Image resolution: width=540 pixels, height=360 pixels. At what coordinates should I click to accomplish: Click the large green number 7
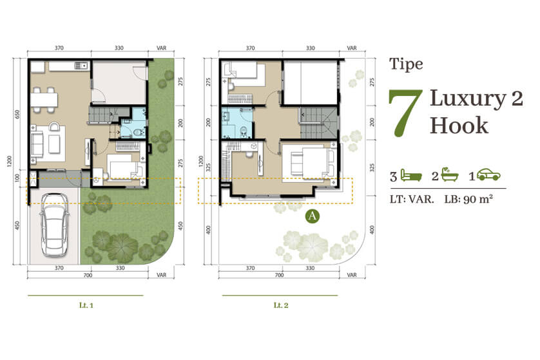405,113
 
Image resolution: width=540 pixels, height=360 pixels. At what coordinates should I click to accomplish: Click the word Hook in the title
459,126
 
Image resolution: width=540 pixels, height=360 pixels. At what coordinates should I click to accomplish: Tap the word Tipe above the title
406,64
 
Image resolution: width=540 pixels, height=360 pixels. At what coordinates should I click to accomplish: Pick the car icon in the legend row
488,175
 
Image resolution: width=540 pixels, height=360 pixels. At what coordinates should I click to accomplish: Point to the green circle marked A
312,216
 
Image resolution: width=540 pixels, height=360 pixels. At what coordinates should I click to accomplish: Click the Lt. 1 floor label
86,305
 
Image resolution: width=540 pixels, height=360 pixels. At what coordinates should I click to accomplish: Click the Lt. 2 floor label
281,305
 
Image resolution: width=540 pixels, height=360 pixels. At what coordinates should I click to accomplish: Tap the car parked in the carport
54,224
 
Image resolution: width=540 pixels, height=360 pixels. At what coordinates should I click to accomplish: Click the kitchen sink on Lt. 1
82,66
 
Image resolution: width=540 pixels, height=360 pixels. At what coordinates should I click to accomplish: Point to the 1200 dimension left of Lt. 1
9,162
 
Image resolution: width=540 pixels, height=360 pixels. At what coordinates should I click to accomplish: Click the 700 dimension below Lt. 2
279,274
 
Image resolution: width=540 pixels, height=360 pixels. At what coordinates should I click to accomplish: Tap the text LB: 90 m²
468,199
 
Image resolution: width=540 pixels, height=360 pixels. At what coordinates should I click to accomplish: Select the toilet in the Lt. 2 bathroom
244,131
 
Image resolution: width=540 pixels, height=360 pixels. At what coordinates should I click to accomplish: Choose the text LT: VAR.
412,199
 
